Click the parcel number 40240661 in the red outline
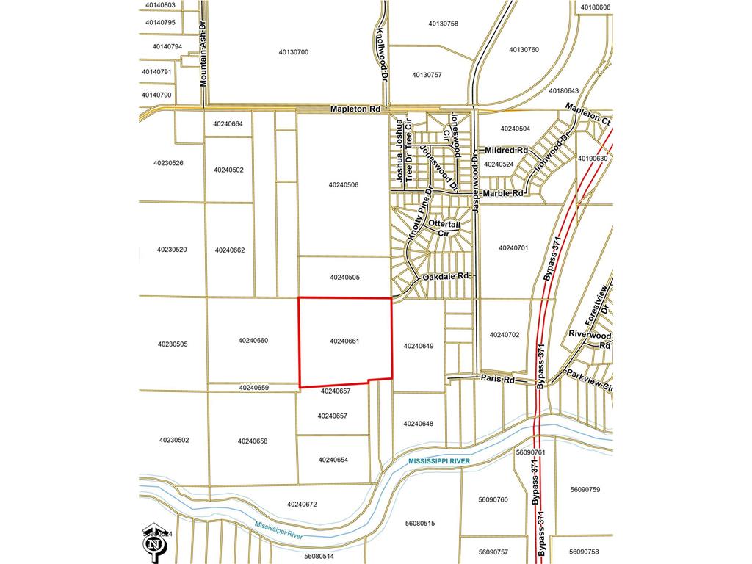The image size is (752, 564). (344, 341)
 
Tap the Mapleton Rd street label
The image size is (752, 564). (356, 109)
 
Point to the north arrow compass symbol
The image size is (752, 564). (154, 543)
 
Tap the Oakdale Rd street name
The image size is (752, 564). (445, 277)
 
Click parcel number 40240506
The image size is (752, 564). (344, 185)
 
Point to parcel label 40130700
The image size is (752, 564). (294, 52)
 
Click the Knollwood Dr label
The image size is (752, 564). (381, 54)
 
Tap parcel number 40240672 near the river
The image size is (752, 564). (302, 505)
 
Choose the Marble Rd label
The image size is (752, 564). (503, 193)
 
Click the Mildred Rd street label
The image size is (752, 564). (507, 150)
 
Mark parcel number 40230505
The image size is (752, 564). (173, 344)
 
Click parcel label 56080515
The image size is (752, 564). (420, 524)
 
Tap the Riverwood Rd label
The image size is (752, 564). (590, 339)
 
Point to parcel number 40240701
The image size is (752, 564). (513, 248)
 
